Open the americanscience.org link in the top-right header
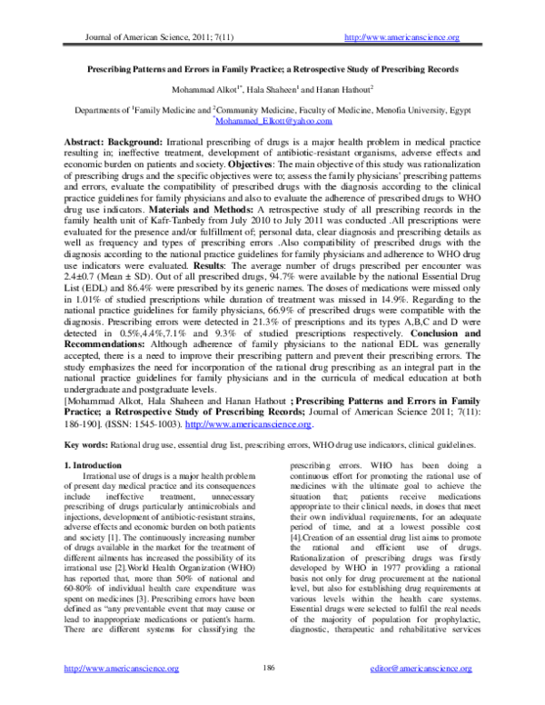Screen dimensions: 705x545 [398, 36]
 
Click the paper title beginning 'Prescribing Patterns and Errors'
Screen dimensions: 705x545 [272, 69]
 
